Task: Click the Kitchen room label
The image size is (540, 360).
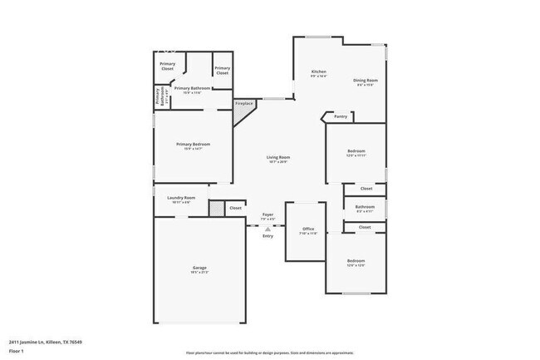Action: coord(318,72)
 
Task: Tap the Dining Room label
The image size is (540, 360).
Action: coord(366,81)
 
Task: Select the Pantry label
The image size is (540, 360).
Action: coord(341,116)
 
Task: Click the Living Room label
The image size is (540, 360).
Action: coord(277,157)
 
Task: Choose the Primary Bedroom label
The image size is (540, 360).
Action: coord(193,144)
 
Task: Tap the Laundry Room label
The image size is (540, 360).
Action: coord(181,198)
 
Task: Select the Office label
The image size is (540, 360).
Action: coord(307,229)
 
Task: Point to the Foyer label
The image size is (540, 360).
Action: coord(268,215)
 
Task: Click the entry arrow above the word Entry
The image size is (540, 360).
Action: coord(268,227)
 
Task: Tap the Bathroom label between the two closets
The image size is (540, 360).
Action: coord(365,206)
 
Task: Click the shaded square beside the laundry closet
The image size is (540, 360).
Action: coord(216,208)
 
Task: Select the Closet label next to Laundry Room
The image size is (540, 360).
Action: coord(235,208)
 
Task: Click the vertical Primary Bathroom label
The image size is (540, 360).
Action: coord(156,97)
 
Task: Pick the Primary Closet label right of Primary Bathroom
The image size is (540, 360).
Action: coord(222,72)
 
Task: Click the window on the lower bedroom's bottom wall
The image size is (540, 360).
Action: coord(356,293)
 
